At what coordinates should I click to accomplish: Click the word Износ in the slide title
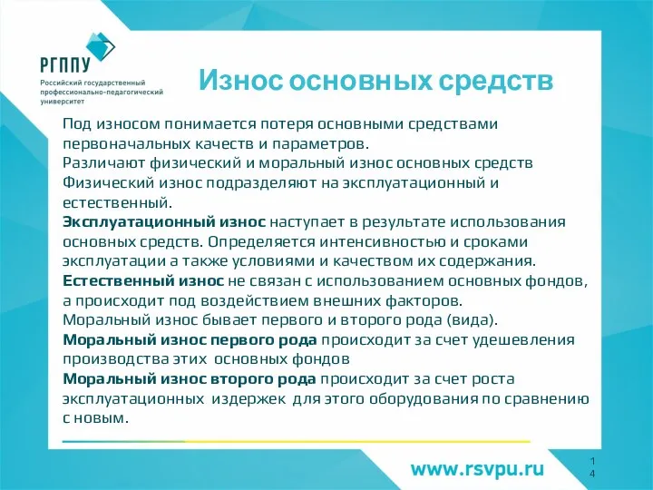[239, 81]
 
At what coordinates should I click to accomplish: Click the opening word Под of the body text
[76, 122]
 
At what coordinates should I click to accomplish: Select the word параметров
[328, 142]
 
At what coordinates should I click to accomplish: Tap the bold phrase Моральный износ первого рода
[189, 340]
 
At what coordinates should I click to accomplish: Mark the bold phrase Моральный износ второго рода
[188, 379]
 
